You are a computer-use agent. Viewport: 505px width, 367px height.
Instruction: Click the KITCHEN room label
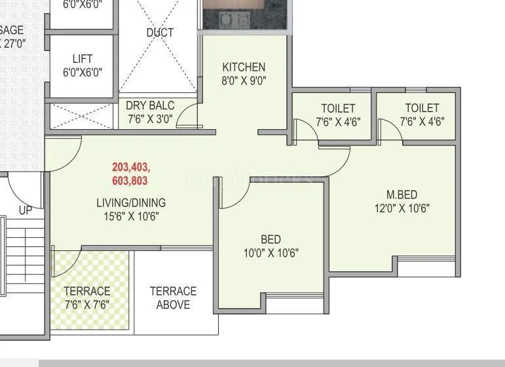[x=244, y=67]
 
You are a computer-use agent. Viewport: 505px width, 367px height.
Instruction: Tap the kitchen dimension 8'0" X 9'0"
[x=244, y=81]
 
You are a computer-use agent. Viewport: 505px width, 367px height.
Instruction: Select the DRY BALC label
[x=150, y=106]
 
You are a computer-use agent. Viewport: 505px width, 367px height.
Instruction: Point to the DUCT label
[x=160, y=33]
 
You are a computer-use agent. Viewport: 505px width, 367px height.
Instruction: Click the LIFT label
[x=83, y=59]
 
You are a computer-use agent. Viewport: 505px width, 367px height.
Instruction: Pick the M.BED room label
[x=402, y=195]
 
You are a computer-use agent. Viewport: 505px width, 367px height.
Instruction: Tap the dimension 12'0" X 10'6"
[x=402, y=209]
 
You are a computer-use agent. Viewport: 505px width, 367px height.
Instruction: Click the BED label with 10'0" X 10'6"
[x=271, y=239]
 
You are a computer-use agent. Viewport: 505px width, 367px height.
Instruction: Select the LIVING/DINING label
[x=131, y=203]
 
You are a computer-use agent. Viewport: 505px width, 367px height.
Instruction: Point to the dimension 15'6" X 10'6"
[x=131, y=216]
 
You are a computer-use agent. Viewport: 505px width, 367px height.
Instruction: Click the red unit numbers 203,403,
[x=131, y=167]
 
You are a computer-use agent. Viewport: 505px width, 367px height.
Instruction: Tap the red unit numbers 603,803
[x=130, y=181]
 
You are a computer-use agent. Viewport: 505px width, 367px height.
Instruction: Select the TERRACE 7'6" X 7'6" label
[x=87, y=298]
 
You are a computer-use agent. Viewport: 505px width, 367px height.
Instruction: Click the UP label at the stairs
[x=25, y=210]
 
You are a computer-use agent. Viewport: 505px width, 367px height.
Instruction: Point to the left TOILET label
[x=338, y=108]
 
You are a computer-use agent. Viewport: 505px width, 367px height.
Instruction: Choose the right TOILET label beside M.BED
[x=422, y=108]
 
